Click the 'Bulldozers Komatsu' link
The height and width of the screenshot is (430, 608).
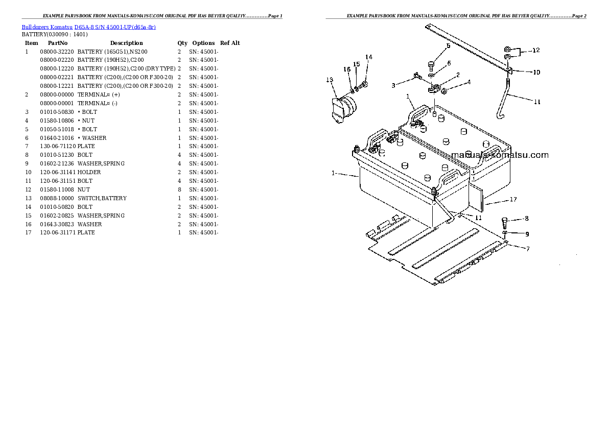(47, 27)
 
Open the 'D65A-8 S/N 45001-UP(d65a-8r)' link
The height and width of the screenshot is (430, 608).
(115, 27)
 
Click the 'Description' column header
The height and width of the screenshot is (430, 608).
(126, 43)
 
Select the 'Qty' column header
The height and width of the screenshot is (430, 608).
(182, 43)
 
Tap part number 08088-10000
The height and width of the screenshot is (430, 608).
(57, 198)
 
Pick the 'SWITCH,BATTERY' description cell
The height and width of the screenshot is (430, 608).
(102, 198)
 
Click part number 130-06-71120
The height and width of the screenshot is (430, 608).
(58, 146)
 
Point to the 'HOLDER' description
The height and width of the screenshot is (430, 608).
(89, 172)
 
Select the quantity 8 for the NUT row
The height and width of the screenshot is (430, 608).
(179, 189)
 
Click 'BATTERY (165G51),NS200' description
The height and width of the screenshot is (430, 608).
(112, 52)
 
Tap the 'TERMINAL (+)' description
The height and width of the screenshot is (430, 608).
(99, 94)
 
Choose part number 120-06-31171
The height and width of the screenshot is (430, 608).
(58, 233)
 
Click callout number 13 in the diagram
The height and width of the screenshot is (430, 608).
(330, 80)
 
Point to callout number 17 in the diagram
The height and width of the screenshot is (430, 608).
(513, 199)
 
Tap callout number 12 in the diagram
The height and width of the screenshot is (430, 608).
(536, 50)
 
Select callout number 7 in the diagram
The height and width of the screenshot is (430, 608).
(528, 249)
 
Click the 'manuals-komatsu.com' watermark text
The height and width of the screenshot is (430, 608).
(500, 155)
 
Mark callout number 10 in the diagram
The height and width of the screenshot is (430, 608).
(536, 72)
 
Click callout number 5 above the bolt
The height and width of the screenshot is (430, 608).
(448, 46)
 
